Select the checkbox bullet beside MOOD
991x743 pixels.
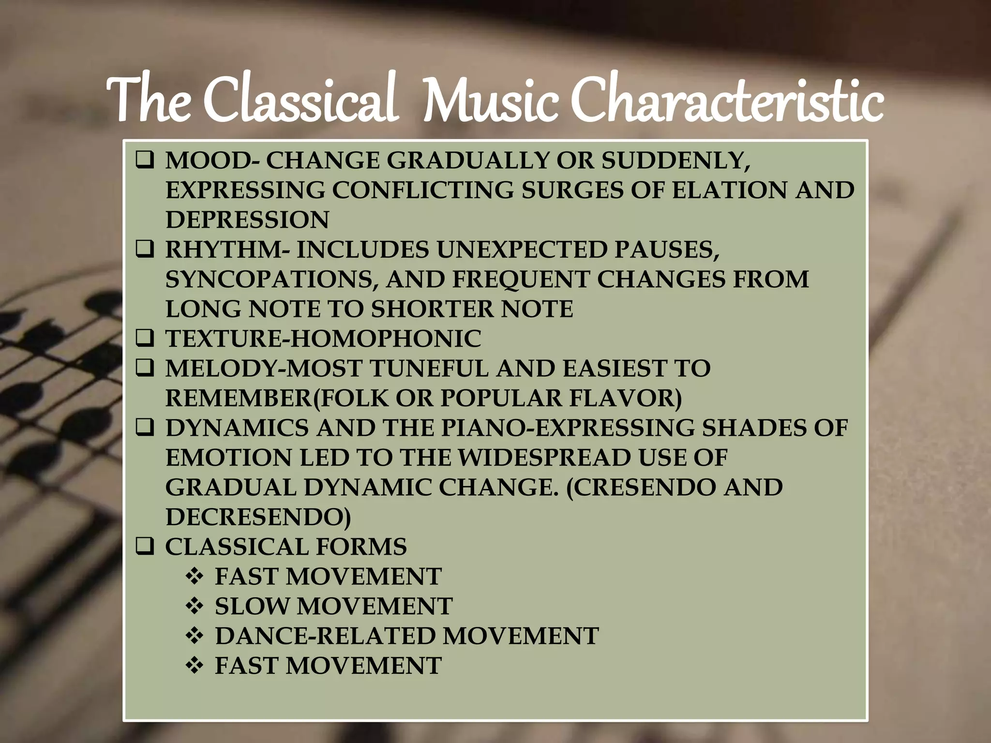145,160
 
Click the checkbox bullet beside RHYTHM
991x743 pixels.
145,250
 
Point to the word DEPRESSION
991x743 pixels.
247,220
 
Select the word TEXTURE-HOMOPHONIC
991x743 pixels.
323,339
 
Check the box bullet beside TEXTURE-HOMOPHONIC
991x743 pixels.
145,339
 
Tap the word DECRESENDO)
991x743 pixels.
258,518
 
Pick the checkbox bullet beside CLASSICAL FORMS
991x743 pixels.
145,547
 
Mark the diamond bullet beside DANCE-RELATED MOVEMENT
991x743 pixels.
195,636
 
